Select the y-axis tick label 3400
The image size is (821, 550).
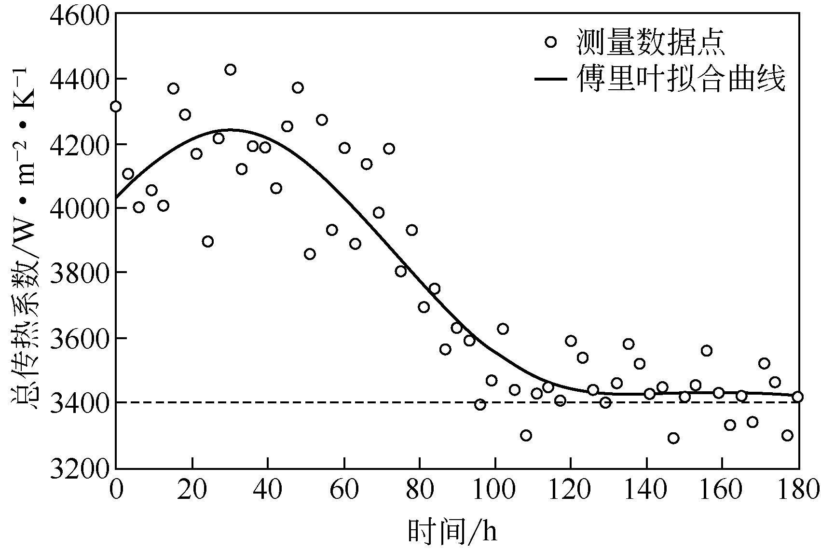point(80,403)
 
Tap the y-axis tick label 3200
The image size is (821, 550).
point(80,467)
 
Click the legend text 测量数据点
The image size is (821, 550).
point(651,42)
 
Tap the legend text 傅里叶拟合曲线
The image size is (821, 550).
point(681,78)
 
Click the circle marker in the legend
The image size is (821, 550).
point(550,42)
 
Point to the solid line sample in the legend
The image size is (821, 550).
point(550,79)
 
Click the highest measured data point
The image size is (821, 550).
point(231,69)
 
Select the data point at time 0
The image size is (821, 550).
point(116,107)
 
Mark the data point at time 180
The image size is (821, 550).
point(797,397)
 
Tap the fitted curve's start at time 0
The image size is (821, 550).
point(117,198)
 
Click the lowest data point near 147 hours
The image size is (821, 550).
point(673,438)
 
